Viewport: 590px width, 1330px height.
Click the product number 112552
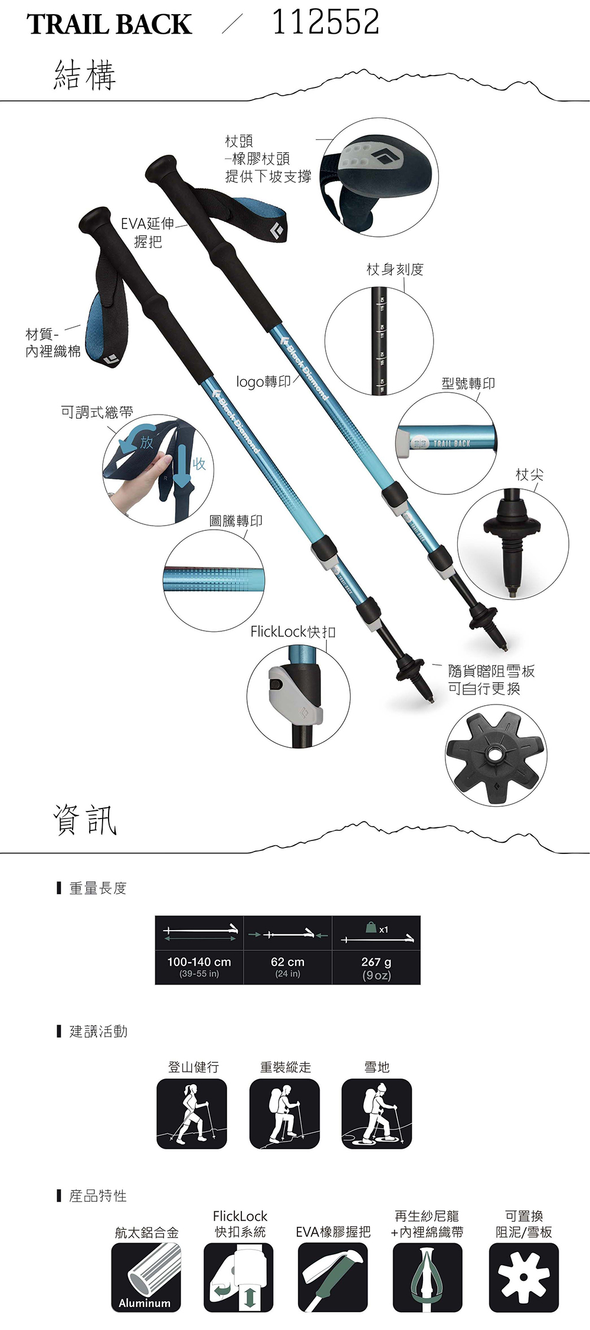click(x=326, y=22)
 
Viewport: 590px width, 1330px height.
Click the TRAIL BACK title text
click(x=109, y=25)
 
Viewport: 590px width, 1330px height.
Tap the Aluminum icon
click(x=146, y=1277)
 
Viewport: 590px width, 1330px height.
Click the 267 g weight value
click(x=376, y=962)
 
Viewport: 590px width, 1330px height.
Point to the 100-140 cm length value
click(x=199, y=962)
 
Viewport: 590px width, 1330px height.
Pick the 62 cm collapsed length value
click(x=287, y=962)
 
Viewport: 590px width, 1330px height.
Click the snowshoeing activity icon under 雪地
click(x=376, y=1113)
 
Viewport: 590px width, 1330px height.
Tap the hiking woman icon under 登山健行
click(x=191, y=1113)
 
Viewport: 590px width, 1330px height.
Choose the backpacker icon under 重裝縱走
click(x=284, y=1113)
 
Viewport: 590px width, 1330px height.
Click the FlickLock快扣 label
click(x=293, y=632)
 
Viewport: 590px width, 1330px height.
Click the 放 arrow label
click(x=146, y=442)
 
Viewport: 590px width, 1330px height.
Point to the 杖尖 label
click(x=529, y=474)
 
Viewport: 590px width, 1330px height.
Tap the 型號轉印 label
click(x=468, y=383)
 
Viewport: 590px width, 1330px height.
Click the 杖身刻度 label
click(x=395, y=269)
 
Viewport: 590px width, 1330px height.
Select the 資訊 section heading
click(x=85, y=820)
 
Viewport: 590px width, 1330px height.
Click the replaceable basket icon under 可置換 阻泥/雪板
click(x=523, y=1277)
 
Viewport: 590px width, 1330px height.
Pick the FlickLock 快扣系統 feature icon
click(x=238, y=1277)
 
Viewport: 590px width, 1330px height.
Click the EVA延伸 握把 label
click(x=147, y=232)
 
